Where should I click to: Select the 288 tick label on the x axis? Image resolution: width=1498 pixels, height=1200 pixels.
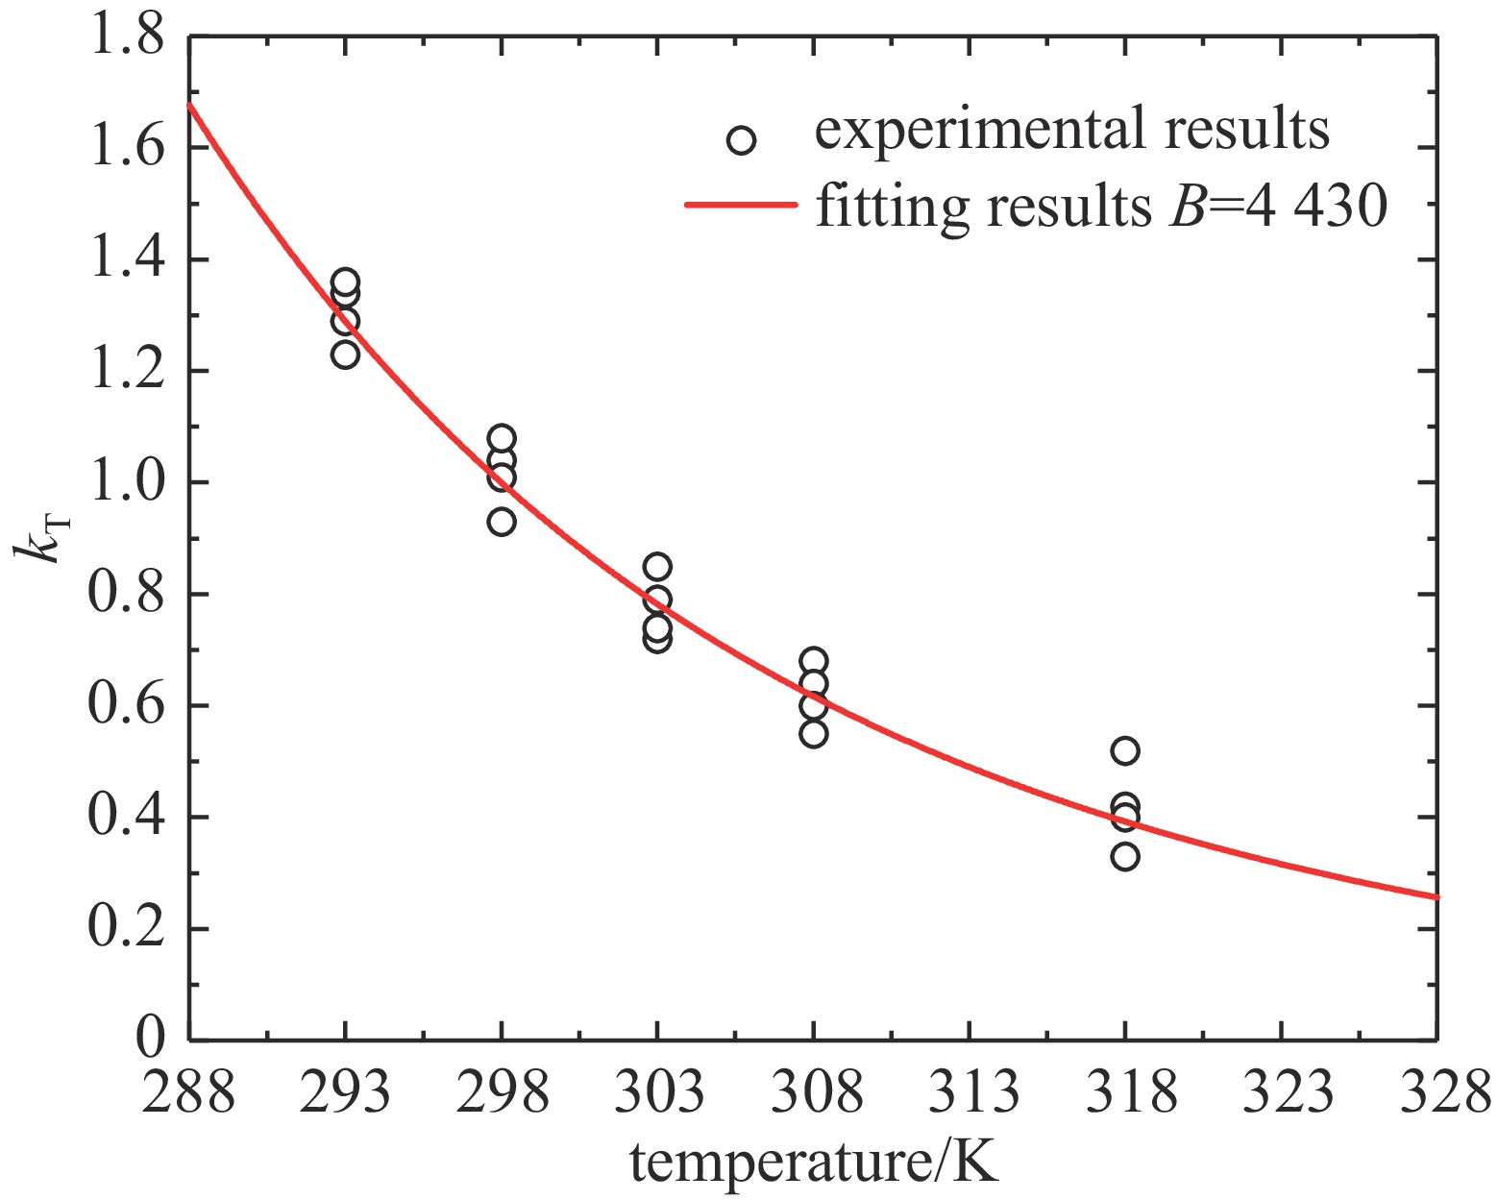click(x=188, y=1092)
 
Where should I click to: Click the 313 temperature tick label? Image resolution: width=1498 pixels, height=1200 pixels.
click(x=969, y=1092)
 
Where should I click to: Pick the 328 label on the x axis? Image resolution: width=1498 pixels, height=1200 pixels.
click(x=1437, y=1092)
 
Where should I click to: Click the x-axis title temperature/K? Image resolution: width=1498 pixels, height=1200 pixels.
click(x=815, y=1162)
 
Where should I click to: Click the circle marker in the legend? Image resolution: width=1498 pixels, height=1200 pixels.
click(x=741, y=141)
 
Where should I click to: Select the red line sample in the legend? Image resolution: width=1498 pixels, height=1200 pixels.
click(x=741, y=205)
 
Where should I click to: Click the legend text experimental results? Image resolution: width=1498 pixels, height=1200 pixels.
click(x=1071, y=130)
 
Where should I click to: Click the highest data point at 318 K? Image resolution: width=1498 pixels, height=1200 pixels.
click(x=1125, y=750)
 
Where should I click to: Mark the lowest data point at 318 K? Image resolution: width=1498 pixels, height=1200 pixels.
click(x=1125, y=856)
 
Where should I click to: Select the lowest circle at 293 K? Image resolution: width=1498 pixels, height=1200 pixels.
click(x=345, y=355)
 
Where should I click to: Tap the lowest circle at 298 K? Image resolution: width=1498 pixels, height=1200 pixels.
click(x=502, y=522)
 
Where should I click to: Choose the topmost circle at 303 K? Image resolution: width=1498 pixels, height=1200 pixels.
click(x=657, y=566)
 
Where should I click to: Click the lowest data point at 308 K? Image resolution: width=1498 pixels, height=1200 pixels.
click(x=814, y=734)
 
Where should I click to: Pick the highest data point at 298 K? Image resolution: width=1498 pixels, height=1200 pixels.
click(x=502, y=439)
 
